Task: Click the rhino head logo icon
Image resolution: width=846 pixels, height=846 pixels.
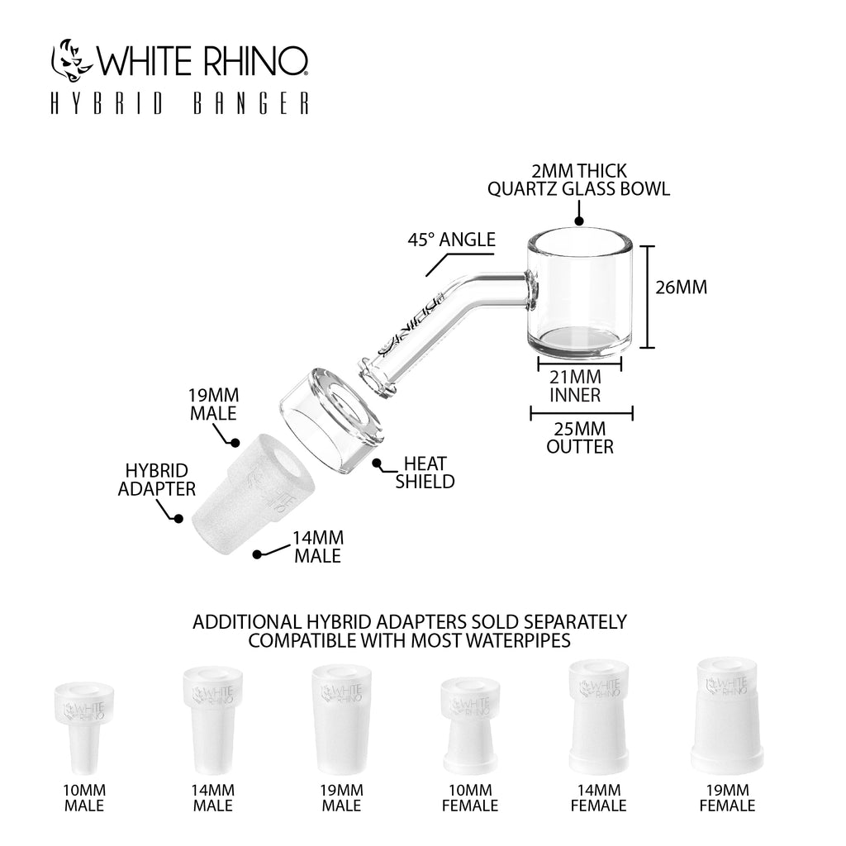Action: [x=73, y=60]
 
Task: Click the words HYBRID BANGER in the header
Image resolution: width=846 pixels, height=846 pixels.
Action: [x=180, y=104]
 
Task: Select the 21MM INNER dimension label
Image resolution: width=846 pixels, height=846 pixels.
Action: [x=576, y=387]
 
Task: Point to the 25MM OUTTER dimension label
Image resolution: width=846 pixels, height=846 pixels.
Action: [x=580, y=438]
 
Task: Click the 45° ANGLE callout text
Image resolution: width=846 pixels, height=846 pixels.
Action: [x=451, y=240]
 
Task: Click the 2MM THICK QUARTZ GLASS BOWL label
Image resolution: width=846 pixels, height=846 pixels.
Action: [x=578, y=180]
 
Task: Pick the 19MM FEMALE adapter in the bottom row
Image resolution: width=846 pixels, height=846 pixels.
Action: [x=725, y=710]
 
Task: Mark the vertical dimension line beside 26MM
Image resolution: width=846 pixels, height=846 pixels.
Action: [x=651, y=297]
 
